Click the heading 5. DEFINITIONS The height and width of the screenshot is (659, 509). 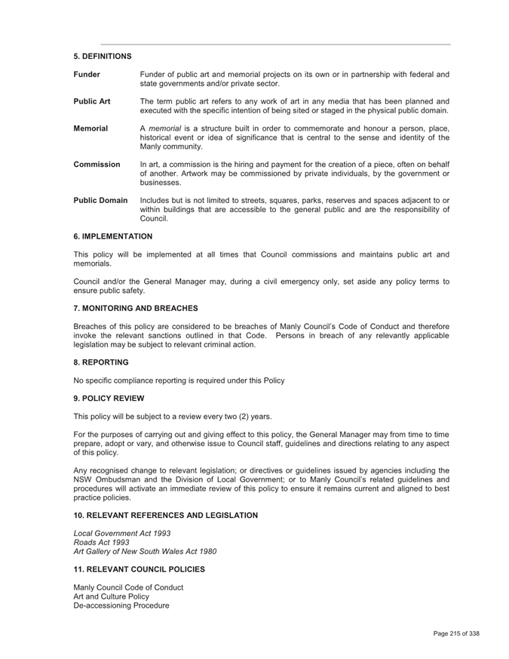tap(103, 57)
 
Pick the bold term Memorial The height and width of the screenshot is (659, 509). tap(90, 128)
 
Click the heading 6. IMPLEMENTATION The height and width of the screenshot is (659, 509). tap(112, 236)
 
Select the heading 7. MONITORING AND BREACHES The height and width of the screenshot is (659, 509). tap(136, 308)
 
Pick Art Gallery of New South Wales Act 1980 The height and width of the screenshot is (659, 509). tap(145, 551)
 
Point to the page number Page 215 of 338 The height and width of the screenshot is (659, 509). tap(456, 634)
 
